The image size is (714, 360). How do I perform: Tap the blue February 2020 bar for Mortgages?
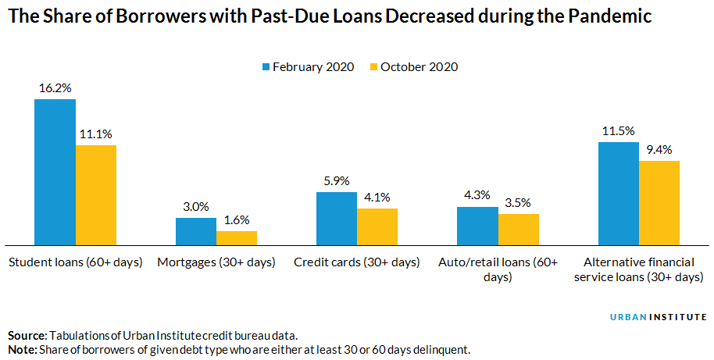pos(195,231)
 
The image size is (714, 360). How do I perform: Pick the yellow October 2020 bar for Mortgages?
pos(236,237)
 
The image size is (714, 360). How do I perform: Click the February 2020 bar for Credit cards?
pos(336,218)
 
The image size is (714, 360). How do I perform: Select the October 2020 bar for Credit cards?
pos(377,226)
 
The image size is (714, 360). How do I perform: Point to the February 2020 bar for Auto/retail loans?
pos(477,226)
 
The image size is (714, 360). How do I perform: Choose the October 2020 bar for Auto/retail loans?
pos(518,229)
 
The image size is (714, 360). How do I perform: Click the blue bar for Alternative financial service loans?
pos(618,193)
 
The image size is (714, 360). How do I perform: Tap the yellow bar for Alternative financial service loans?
pos(659,202)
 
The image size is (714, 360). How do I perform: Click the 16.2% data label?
pos(55,88)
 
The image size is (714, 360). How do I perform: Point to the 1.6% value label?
pos(236,220)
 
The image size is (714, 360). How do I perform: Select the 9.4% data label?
pos(659,150)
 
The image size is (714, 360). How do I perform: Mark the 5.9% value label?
pos(336,180)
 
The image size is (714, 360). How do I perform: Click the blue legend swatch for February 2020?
pos(266,67)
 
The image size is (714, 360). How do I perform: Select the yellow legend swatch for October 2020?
pos(373,67)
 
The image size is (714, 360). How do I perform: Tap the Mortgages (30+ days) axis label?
pos(216,262)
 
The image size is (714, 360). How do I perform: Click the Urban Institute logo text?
pos(658,317)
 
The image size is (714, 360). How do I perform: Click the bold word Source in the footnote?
pos(26,335)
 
